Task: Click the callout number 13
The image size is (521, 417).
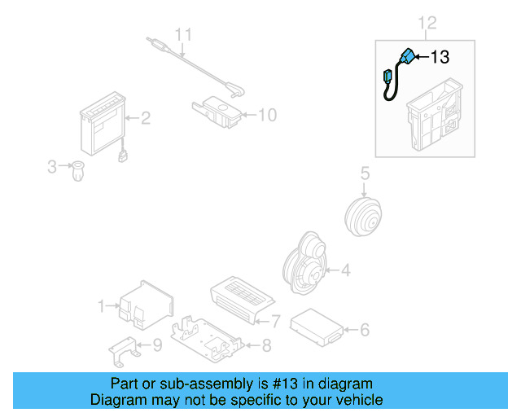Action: pyautogui.click(x=440, y=57)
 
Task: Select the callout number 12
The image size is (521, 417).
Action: pyautogui.click(x=427, y=22)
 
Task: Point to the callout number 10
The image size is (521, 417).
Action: pyautogui.click(x=267, y=115)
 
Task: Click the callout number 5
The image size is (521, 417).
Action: pyautogui.click(x=366, y=173)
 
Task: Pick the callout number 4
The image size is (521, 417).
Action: pyautogui.click(x=345, y=270)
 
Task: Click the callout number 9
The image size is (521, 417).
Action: pyautogui.click(x=157, y=345)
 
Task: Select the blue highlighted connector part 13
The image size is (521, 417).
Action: pyautogui.click(x=405, y=58)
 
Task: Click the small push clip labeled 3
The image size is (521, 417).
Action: pyautogui.click(x=78, y=172)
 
